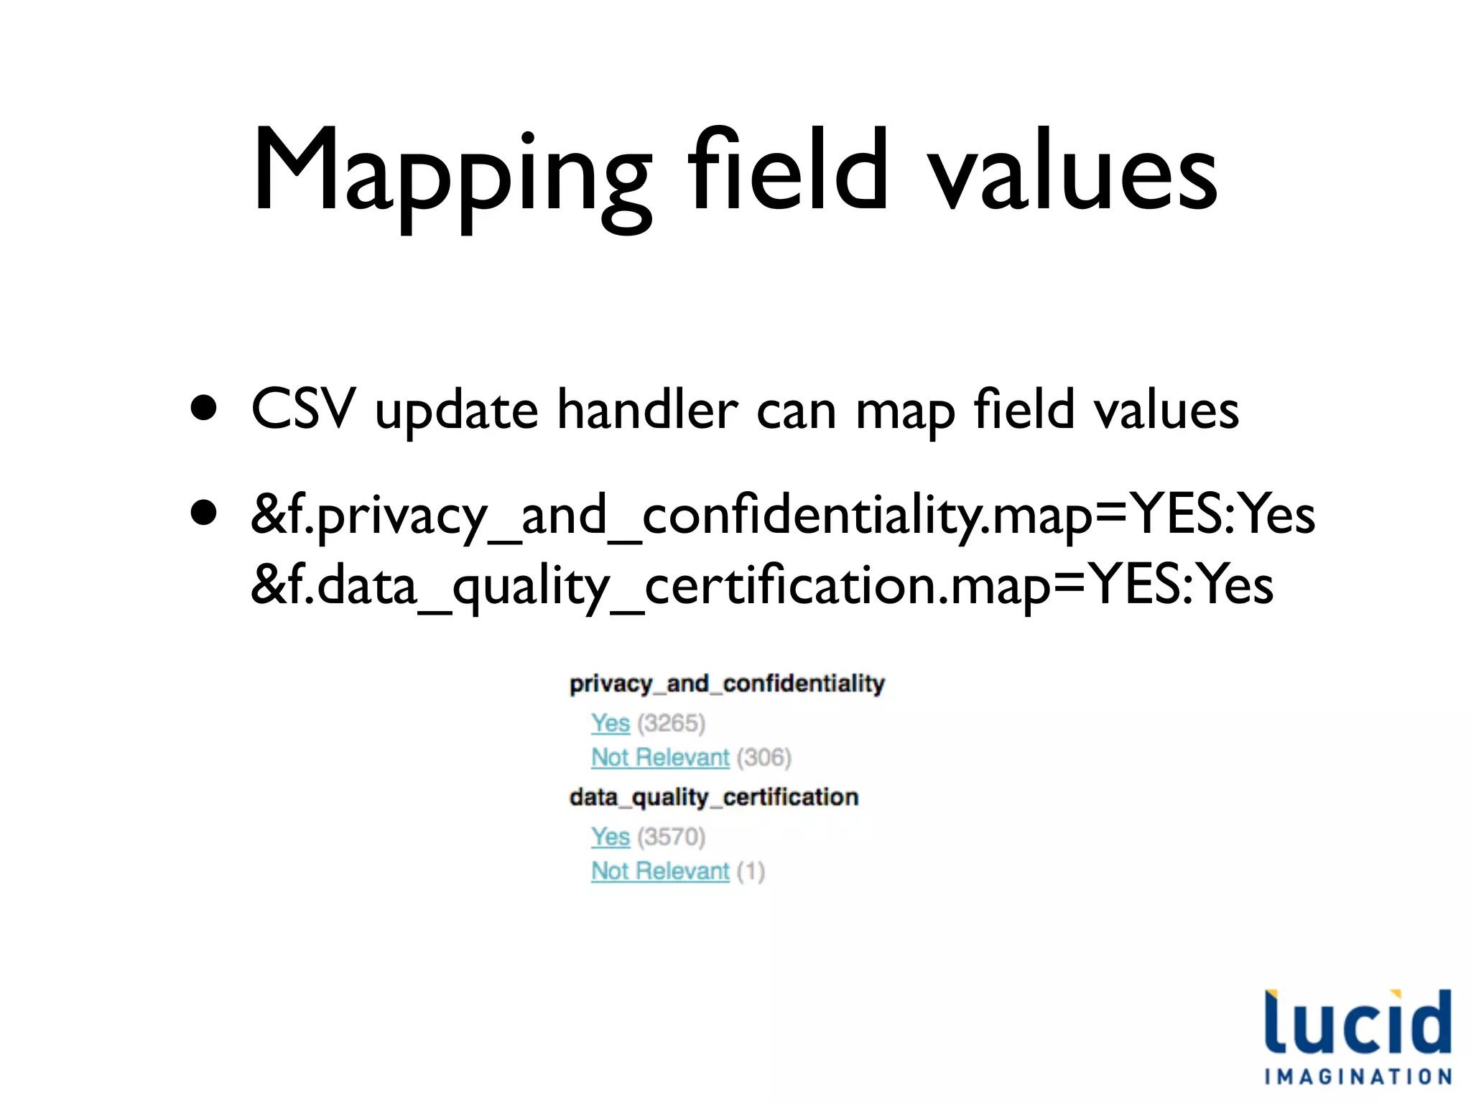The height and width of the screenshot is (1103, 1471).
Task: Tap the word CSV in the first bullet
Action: coord(303,409)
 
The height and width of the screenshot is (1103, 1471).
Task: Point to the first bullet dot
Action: coord(205,408)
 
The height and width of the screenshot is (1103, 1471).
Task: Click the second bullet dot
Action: coord(205,513)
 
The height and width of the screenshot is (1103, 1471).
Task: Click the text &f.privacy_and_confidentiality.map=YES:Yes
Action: coord(783,516)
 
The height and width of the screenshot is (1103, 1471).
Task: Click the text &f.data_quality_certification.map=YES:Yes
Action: coord(761,586)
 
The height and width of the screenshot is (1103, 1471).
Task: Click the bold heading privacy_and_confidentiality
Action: coord(727,683)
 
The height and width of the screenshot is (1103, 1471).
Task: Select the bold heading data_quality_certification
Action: coord(714,797)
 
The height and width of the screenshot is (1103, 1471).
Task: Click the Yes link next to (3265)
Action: coord(610,722)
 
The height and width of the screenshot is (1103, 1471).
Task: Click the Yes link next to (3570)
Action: coord(610,837)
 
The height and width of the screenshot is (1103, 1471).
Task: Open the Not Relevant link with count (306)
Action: coord(659,757)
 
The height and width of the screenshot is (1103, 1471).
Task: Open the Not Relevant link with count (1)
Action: coord(659,871)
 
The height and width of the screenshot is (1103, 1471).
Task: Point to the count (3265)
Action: coord(671,723)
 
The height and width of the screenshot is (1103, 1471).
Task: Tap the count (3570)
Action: coord(671,837)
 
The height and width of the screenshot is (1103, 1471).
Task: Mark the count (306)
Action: coord(764,757)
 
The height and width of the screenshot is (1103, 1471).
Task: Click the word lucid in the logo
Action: coord(1358,1023)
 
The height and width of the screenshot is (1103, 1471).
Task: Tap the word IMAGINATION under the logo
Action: coord(1358,1076)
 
